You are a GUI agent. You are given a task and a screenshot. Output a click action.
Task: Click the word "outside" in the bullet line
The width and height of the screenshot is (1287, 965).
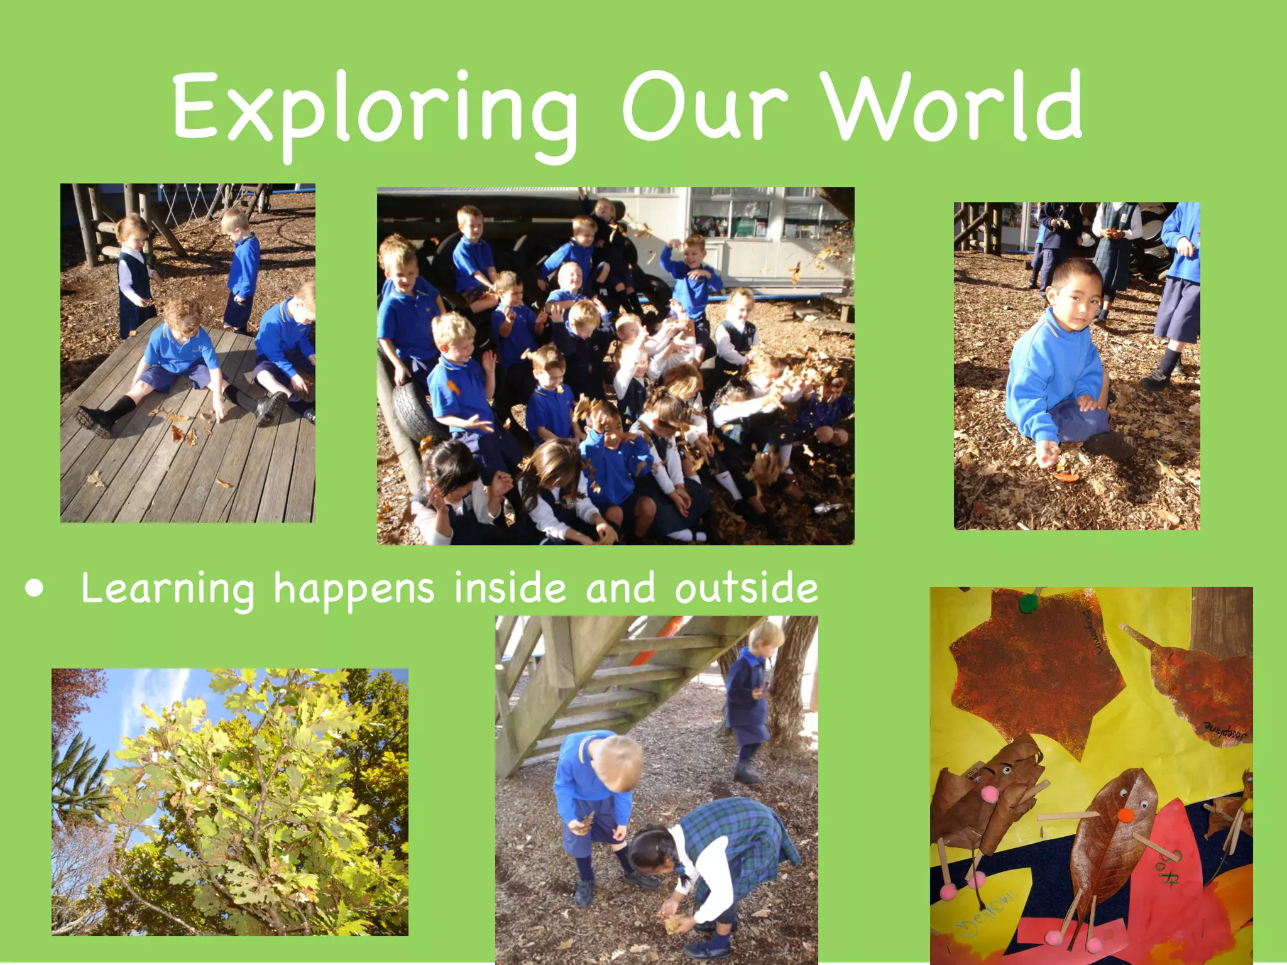click(746, 588)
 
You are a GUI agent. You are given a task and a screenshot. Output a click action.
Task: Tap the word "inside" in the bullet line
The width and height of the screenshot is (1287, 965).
click(510, 588)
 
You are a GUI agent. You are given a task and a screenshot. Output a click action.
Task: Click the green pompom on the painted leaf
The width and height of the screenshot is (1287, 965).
click(1029, 604)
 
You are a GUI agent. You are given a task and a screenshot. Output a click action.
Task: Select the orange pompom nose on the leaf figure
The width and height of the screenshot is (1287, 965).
click(1125, 815)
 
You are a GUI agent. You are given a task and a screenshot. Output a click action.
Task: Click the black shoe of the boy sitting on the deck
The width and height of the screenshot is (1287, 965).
click(94, 420)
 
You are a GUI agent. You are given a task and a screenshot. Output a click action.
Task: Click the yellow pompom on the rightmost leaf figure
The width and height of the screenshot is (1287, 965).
click(1247, 804)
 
